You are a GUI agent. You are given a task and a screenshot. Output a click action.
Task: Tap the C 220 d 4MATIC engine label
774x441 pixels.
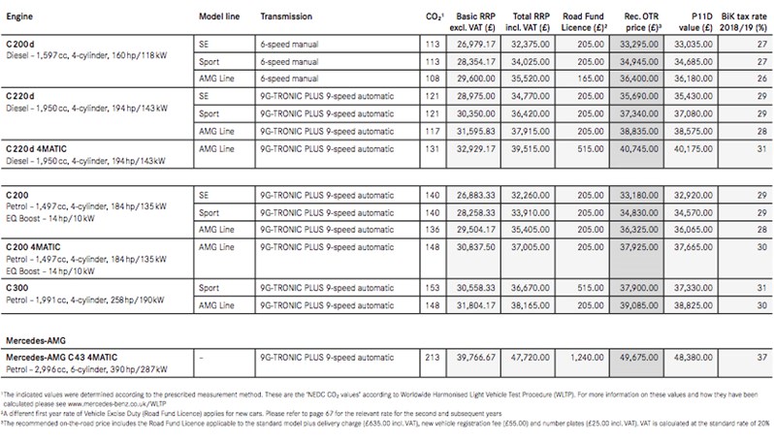click(x=48, y=149)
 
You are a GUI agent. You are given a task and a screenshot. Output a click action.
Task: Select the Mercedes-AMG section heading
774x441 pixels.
click(x=42, y=342)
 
